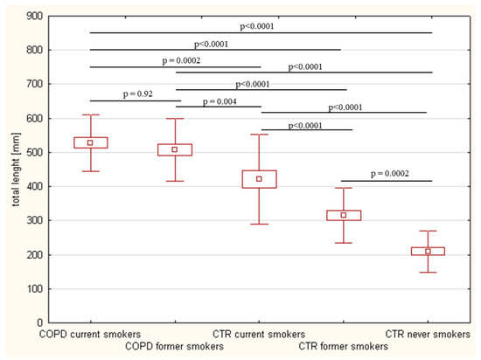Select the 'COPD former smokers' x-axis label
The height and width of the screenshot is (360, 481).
(x=174, y=347)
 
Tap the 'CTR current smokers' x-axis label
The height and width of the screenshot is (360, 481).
(x=259, y=335)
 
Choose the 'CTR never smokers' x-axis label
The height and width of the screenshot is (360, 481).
(x=427, y=335)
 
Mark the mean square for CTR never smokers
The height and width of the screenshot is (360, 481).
(x=428, y=251)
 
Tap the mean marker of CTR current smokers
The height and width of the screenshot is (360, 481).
(x=259, y=179)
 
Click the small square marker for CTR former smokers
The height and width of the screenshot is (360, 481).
(x=344, y=215)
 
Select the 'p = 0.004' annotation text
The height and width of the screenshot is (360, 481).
(x=219, y=100)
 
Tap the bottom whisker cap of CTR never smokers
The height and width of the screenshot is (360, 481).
(x=428, y=273)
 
